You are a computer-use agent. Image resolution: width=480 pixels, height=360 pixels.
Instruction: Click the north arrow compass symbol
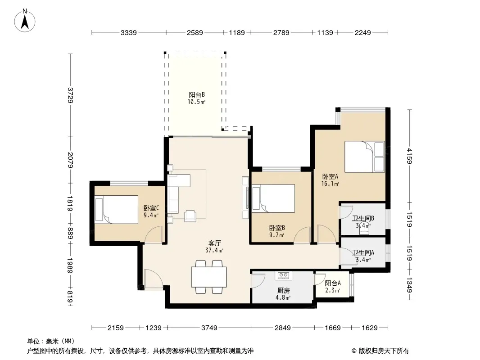pyautogui.click(x=25, y=21)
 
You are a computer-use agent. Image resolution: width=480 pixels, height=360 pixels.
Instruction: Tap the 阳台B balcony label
pyautogui.click(x=196, y=95)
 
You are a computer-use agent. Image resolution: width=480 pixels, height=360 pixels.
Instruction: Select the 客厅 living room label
pyautogui.click(x=214, y=243)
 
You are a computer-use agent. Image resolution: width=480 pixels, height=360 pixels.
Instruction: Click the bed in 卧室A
pyautogui.click(x=364, y=157)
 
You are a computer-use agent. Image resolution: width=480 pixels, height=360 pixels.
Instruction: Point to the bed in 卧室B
pyautogui.click(x=273, y=198)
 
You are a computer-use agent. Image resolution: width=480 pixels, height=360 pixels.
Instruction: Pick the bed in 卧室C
pyautogui.click(x=116, y=210)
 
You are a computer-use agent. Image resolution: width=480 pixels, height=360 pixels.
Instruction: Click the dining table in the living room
pyautogui.click(x=209, y=277)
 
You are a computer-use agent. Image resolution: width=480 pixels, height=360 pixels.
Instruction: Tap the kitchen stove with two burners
pyautogui.click(x=284, y=275)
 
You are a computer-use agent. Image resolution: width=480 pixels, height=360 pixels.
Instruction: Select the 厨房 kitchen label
pyautogui.click(x=284, y=290)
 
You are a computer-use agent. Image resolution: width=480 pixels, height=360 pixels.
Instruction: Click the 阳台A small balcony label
pyautogui.click(x=333, y=283)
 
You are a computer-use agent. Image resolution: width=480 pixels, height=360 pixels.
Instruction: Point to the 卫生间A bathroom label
pyautogui.click(x=363, y=252)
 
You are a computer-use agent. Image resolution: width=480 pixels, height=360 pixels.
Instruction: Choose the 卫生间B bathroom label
pyautogui.click(x=363, y=218)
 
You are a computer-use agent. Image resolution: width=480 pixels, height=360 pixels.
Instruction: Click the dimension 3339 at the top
pyautogui.click(x=129, y=32)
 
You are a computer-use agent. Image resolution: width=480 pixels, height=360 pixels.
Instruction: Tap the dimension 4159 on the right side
pyautogui.click(x=409, y=156)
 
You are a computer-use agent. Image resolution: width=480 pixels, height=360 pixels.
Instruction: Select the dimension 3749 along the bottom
pyautogui.click(x=209, y=328)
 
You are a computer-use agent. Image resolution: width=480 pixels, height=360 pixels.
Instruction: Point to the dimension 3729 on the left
pyautogui.click(x=70, y=95)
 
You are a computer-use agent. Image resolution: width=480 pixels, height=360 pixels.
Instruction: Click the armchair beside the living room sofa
pyautogui.click(x=190, y=216)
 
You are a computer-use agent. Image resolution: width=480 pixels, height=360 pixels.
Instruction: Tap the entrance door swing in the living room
pyautogui.click(x=154, y=279)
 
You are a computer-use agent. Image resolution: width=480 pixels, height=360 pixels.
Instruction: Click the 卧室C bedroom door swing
pyautogui.click(x=154, y=235)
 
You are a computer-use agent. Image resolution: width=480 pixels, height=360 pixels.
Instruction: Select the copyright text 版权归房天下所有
pyautogui.click(x=384, y=351)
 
